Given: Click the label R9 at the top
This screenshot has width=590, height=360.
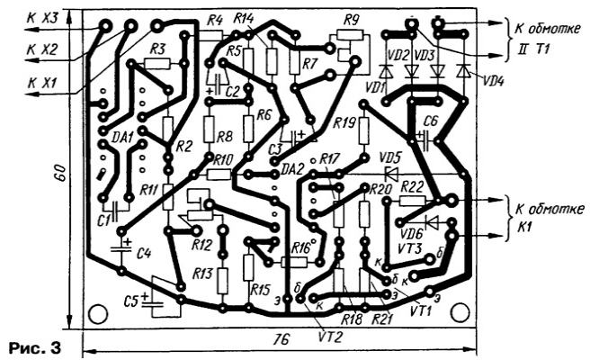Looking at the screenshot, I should point(350,19).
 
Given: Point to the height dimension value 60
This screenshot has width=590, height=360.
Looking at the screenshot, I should point(60,172).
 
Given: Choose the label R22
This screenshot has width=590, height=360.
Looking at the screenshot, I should point(412,185).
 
